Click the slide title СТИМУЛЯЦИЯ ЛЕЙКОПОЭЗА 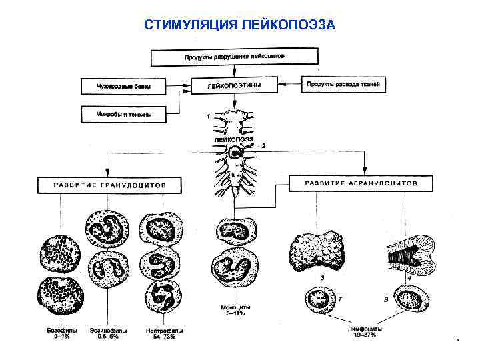point(241,25)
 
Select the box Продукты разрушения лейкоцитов point(234,57)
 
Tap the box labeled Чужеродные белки point(123,87)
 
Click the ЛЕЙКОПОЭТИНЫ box point(234,86)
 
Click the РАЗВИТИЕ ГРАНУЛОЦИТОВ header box point(109,185)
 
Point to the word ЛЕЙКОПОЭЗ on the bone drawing point(233,139)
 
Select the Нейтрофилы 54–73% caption point(164,333)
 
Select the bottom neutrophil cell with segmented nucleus point(164,297)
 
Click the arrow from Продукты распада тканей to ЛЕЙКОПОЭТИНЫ point(290,85)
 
